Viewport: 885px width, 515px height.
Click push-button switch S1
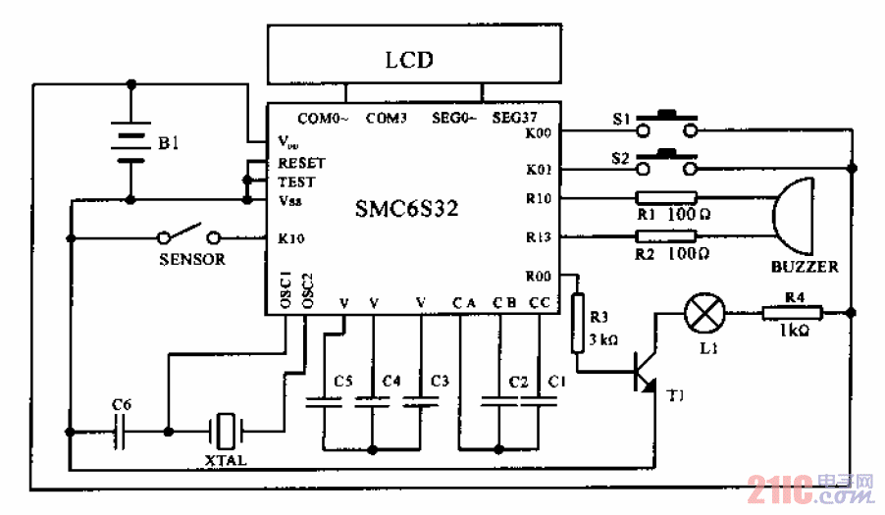(667, 128)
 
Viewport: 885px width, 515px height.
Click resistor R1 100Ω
(666, 198)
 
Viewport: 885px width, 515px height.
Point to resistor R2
(666, 236)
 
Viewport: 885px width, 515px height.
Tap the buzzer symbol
(795, 217)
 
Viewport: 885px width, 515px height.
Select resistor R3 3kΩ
(577, 323)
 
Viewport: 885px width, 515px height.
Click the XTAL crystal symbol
(227, 429)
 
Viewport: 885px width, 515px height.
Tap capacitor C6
(122, 429)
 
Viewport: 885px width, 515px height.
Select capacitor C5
(324, 400)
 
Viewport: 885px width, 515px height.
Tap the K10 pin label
(291, 237)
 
